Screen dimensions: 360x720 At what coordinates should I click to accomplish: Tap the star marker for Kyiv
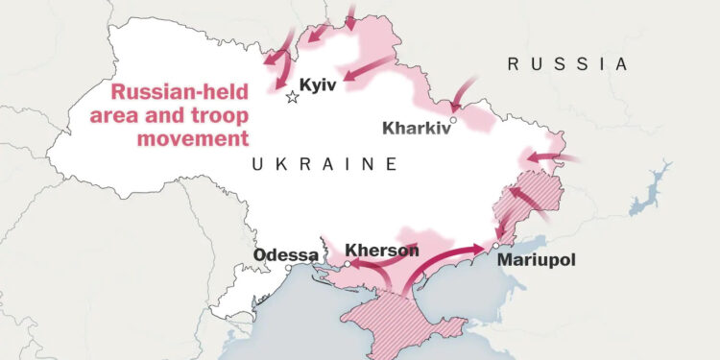click(x=293, y=97)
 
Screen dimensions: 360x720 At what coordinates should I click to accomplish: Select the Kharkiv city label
click(x=416, y=128)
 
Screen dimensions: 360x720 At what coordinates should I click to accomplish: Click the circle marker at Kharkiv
click(x=453, y=120)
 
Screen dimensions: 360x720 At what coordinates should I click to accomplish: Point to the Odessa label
click(x=285, y=255)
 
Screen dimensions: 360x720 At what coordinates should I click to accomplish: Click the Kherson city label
click(x=382, y=251)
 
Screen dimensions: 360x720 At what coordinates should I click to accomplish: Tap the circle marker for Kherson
click(x=348, y=263)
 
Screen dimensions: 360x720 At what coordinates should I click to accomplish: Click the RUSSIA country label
click(x=567, y=64)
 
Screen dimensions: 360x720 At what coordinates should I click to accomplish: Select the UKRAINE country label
click(x=324, y=165)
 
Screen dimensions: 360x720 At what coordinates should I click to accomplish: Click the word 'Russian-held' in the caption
click(x=180, y=93)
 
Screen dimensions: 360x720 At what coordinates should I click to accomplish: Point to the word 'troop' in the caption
click(x=220, y=116)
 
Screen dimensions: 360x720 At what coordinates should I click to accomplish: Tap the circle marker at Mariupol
click(x=493, y=246)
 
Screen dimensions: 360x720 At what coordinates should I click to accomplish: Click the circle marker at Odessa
click(x=287, y=268)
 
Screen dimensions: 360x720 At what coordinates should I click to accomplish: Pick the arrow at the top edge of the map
click(x=351, y=16)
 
